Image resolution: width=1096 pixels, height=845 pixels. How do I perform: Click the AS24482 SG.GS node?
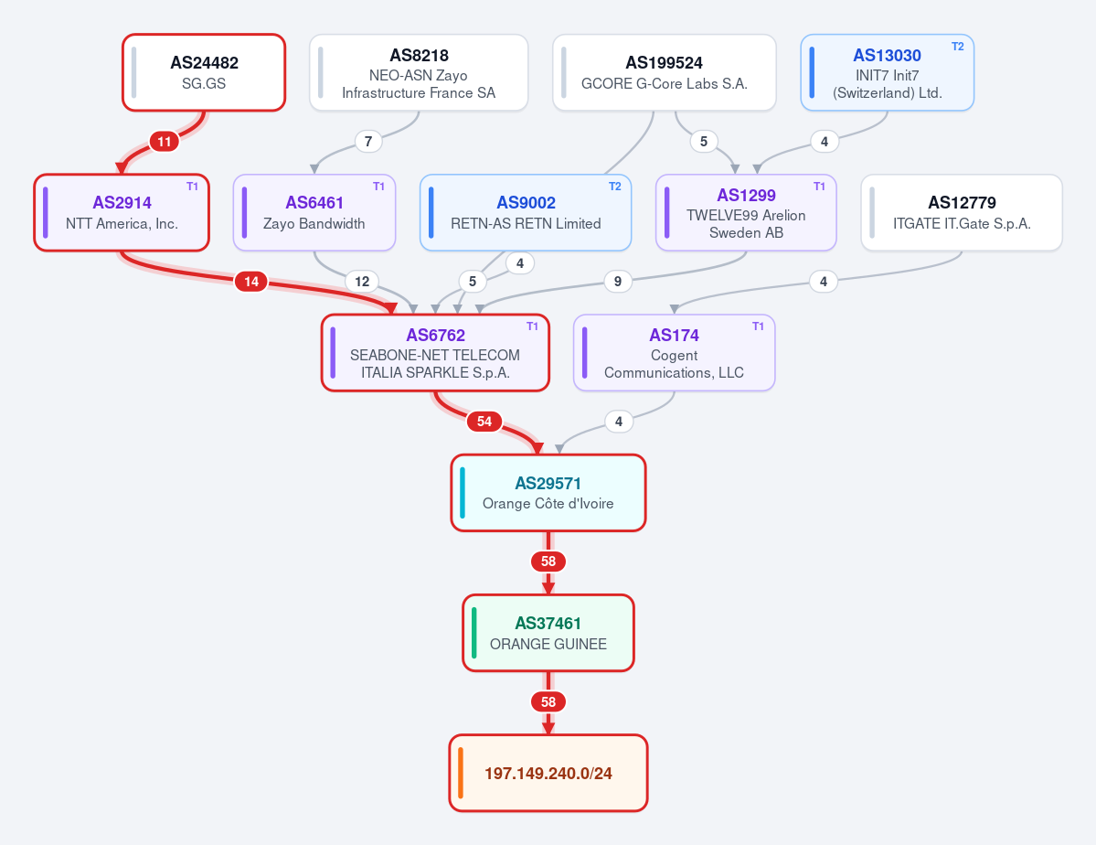pyautogui.click(x=204, y=73)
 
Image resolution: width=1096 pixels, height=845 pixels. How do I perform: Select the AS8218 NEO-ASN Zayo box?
pyautogui.click(x=419, y=73)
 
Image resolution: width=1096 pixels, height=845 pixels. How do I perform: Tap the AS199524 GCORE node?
pyautogui.click(x=664, y=73)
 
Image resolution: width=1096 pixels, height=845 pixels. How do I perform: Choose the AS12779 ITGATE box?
pyautogui.click(x=962, y=213)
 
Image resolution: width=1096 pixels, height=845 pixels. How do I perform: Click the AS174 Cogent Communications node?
pyautogui.click(x=674, y=353)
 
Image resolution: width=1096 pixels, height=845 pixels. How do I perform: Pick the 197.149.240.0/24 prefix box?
pyautogui.click(x=548, y=773)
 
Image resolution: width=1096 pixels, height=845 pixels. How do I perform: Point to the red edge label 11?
pyautogui.click(x=165, y=142)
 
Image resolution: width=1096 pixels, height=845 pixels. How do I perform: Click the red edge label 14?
pyautogui.click(x=251, y=281)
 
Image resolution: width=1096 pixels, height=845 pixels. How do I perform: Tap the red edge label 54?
pyautogui.click(x=484, y=421)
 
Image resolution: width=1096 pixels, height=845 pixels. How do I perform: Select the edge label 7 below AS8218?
pyautogui.click(x=368, y=142)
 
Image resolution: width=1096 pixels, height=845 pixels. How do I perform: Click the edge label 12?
pyautogui.click(x=362, y=281)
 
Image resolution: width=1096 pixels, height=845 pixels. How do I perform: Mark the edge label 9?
pyautogui.click(x=617, y=281)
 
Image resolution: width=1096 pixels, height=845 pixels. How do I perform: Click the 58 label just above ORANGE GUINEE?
pyautogui.click(x=548, y=561)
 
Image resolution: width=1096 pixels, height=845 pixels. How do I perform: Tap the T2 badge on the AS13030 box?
pyautogui.click(x=958, y=47)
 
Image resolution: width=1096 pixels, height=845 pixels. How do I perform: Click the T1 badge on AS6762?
pyautogui.click(x=532, y=326)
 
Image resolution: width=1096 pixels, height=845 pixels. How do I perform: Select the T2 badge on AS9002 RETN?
pyautogui.click(x=614, y=187)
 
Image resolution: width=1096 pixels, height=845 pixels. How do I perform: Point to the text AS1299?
pyautogui.click(x=746, y=195)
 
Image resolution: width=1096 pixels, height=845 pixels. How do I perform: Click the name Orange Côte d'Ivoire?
pyautogui.click(x=548, y=504)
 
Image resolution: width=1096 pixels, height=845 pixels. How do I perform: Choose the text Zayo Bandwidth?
pyautogui.click(x=314, y=224)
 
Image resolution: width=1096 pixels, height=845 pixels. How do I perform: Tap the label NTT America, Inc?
pyautogui.click(x=122, y=224)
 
